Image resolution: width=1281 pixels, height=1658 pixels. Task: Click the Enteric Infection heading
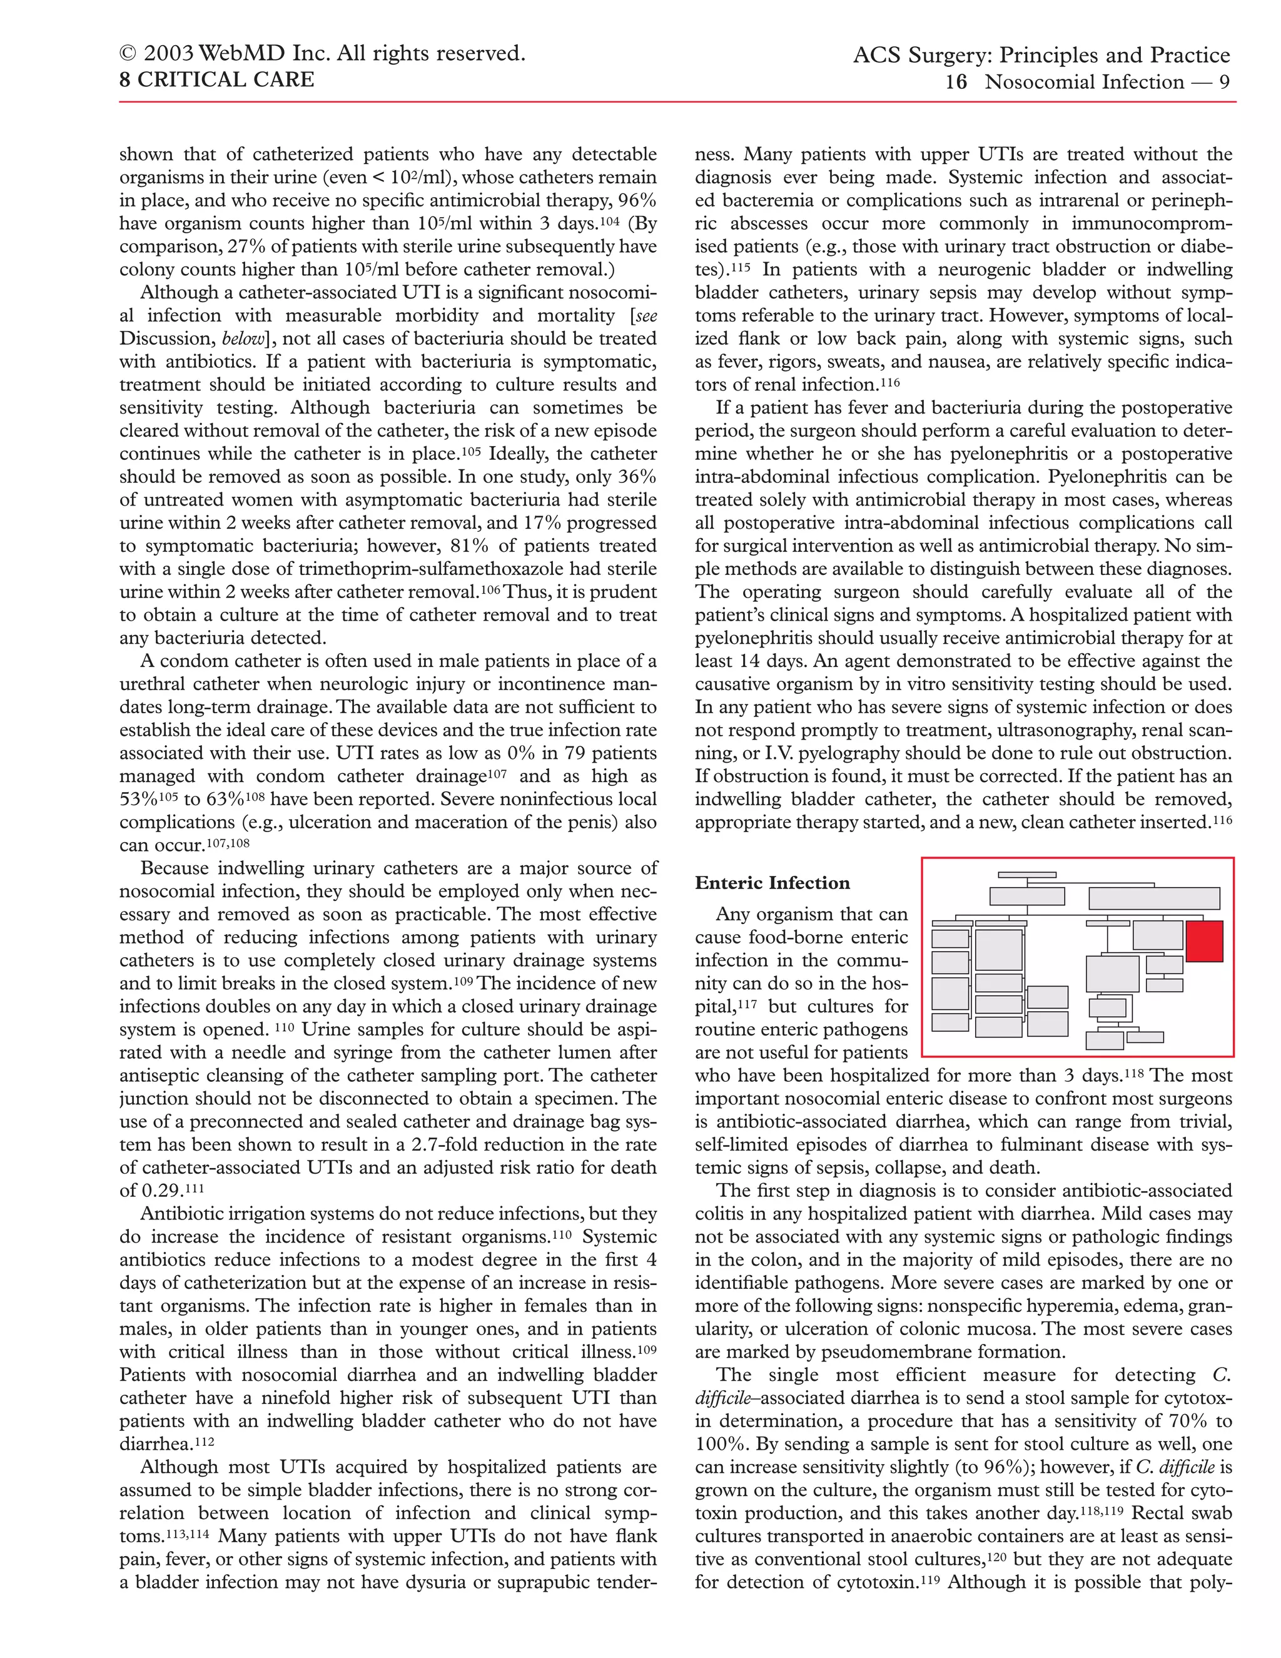(772, 883)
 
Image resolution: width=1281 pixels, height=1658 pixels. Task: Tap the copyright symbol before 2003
(128, 54)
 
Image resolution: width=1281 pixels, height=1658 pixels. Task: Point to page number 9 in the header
(1224, 82)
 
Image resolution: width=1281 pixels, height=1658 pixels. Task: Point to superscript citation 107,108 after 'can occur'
(228, 843)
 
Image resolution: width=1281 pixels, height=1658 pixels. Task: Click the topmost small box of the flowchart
(1027, 875)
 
